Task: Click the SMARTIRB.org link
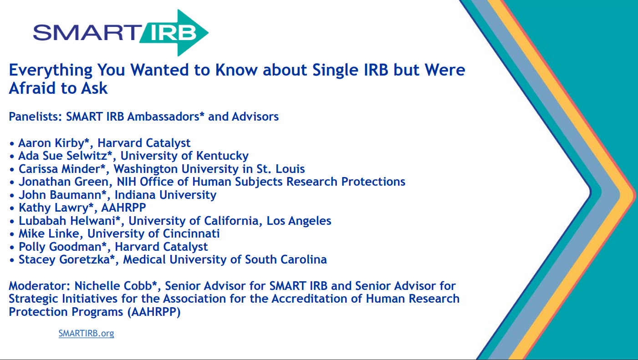pos(87,333)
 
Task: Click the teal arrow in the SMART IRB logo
pos(174,33)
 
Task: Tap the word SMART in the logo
pos(87,32)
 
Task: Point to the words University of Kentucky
pos(184,156)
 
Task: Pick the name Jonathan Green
pos(63,182)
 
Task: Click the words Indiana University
pos(165,195)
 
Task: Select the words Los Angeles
pos(299,221)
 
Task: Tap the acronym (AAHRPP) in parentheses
pos(154,312)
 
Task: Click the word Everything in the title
pos(51,71)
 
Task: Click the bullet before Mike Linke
pos(12,234)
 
